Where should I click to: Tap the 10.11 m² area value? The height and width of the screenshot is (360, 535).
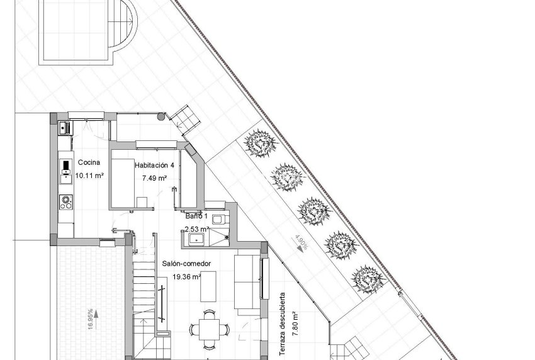point(89,176)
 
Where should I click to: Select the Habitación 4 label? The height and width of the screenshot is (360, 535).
point(154,165)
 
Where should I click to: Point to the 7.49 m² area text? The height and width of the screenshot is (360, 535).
point(154,178)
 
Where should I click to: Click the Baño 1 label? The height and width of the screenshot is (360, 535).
point(195,216)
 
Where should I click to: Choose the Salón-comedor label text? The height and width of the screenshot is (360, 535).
point(186,264)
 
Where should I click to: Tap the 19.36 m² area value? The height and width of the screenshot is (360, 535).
point(186,276)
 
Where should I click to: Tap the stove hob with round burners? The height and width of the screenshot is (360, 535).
point(65,201)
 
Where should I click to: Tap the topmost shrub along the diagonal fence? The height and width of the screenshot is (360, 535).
point(260,144)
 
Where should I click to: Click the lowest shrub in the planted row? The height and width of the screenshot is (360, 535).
point(368,277)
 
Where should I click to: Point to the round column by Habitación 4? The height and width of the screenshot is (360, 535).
point(162,116)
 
